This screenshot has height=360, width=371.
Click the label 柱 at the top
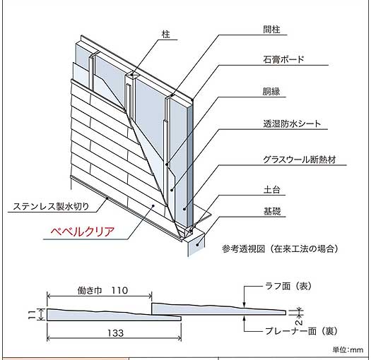click(x=166, y=35)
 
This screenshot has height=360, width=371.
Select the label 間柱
click(x=271, y=30)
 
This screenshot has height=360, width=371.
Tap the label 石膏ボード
click(x=283, y=59)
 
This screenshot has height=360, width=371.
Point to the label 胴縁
click(x=271, y=92)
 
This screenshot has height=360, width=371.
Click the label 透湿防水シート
click(x=292, y=124)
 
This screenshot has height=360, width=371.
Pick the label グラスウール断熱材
click(x=300, y=160)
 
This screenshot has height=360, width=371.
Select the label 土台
click(x=271, y=190)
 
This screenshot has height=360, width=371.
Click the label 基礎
click(x=272, y=211)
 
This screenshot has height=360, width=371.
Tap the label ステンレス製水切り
click(x=51, y=206)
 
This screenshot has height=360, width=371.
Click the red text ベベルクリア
click(x=83, y=232)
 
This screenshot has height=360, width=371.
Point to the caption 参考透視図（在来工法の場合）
click(x=280, y=248)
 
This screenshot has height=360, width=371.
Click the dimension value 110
click(x=119, y=291)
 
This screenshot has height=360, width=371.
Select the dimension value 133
click(x=115, y=333)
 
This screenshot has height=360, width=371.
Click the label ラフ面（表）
click(x=288, y=287)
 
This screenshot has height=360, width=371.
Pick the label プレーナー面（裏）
click(x=301, y=331)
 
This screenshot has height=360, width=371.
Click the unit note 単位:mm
click(x=348, y=350)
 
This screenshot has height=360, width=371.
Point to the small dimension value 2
click(x=299, y=322)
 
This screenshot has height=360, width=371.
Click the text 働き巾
click(x=90, y=291)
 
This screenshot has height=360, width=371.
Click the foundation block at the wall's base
click(x=196, y=244)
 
